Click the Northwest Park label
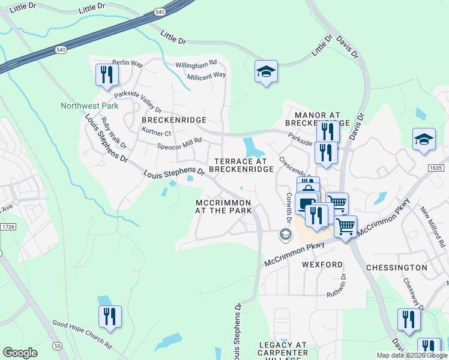coord(89,106)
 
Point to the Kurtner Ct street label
coord(156,133)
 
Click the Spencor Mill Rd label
coord(179,143)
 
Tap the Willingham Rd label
coord(196,64)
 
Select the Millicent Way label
coord(206,75)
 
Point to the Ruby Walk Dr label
coord(114,133)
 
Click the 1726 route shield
coord(8,226)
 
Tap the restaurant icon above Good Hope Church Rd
coord(110,317)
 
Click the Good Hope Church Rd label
coord(82,335)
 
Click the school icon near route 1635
coord(424,139)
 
